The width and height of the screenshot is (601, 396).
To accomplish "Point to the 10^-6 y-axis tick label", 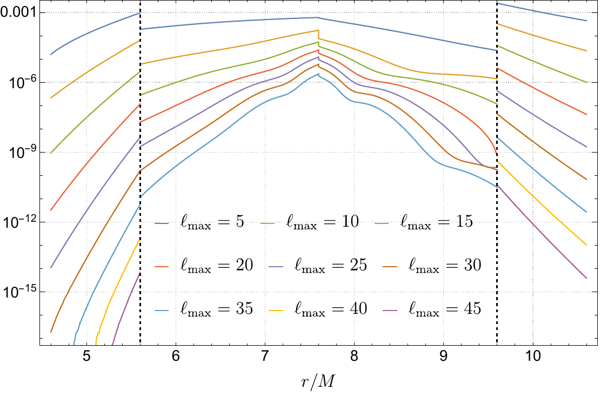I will pos(21,82).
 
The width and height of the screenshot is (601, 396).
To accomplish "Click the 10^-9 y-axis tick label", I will pos(21,151).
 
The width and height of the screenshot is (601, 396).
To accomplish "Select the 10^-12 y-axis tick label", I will pos(19,221).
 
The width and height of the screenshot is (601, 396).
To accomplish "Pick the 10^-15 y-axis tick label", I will pos(19,291).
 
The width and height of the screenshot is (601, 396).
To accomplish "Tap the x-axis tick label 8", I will pos(354,358).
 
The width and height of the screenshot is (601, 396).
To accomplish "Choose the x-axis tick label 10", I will pos(532,358).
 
